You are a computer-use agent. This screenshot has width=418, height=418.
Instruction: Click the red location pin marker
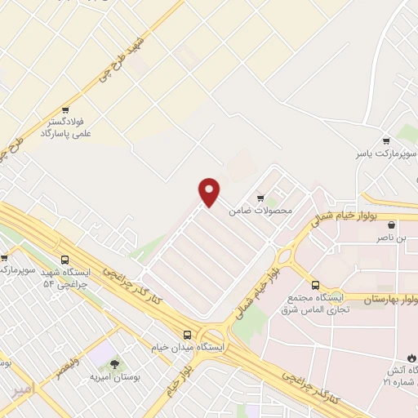point(210,192)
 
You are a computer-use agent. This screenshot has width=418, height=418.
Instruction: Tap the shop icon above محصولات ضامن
point(260,197)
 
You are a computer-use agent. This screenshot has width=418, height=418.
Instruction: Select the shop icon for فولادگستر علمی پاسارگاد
point(65,109)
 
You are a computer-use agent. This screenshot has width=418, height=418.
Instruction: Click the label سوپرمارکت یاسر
point(385,153)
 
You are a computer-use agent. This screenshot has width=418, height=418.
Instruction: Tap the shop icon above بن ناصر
point(392,225)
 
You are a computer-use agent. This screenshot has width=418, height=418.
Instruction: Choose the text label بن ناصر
point(389,238)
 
